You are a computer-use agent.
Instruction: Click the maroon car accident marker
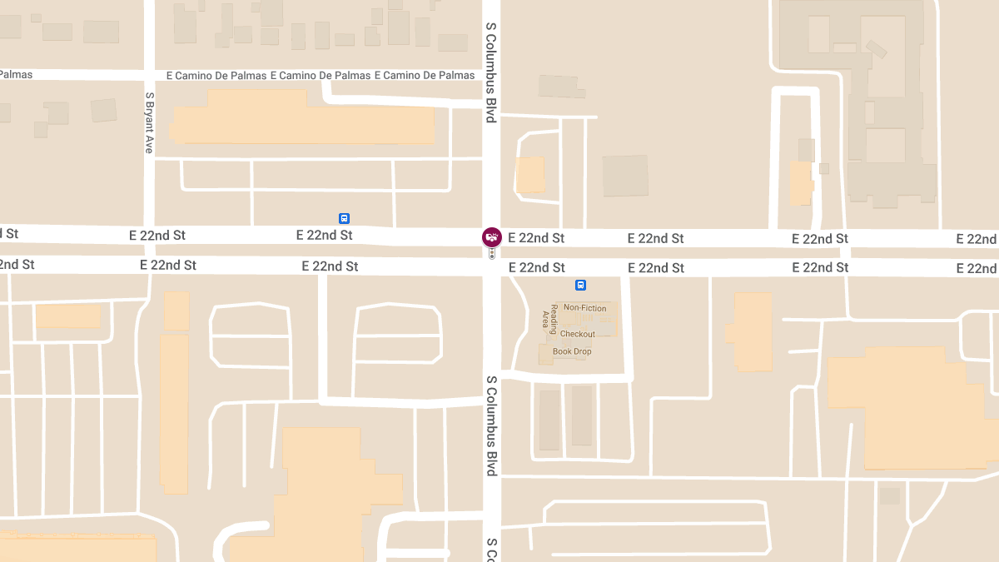click(492, 237)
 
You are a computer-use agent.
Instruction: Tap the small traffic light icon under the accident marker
click(492, 253)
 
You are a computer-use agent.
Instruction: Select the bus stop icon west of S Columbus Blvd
click(344, 218)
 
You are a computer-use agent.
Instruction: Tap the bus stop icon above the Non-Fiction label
click(580, 285)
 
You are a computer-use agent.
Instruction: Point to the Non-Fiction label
click(584, 308)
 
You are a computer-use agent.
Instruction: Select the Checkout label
click(577, 334)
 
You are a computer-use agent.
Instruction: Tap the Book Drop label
click(572, 351)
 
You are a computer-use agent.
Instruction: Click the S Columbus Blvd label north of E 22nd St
click(491, 72)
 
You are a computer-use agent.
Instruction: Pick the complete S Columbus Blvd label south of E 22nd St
click(491, 425)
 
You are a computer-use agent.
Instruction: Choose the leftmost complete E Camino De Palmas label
click(216, 76)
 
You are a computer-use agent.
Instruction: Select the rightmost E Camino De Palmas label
click(425, 76)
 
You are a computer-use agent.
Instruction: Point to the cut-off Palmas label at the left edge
click(16, 75)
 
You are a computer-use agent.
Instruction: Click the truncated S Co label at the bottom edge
click(491, 550)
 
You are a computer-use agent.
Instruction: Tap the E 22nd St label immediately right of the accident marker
click(536, 238)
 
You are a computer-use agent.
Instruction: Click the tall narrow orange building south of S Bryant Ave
click(174, 412)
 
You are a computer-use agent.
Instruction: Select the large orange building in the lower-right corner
click(912, 408)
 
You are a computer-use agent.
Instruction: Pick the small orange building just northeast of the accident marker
click(529, 175)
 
